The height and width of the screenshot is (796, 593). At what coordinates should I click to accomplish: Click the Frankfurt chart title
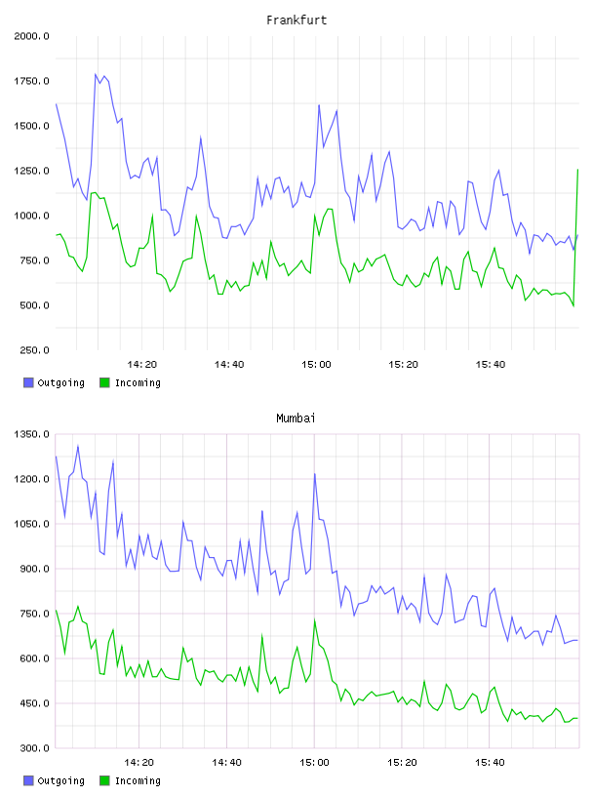pyautogui.click(x=296, y=20)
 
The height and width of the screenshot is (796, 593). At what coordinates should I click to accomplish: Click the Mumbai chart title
pyautogui.click(x=296, y=418)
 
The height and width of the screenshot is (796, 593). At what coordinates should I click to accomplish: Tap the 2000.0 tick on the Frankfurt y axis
pyautogui.click(x=32, y=36)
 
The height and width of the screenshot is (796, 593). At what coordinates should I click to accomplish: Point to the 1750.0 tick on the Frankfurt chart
pyautogui.click(x=32, y=81)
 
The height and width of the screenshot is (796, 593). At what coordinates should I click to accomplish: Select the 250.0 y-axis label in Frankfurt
pyautogui.click(x=34, y=350)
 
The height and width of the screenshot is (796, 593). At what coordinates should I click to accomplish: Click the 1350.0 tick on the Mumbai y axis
pyautogui.click(x=32, y=434)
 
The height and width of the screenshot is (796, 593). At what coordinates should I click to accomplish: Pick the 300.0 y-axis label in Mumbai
pyautogui.click(x=34, y=748)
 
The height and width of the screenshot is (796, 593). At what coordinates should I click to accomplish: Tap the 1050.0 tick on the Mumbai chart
pyautogui.click(x=32, y=524)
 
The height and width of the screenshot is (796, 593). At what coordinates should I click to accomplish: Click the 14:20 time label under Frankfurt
pyautogui.click(x=142, y=365)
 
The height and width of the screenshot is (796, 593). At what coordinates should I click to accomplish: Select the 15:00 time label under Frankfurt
pyautogui.click(x=316, y=365)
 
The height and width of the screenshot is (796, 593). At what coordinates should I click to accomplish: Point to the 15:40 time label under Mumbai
pyautogui.click(x=490, y=763)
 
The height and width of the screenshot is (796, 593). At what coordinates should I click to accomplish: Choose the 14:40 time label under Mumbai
pyautogui.click(x=226, y=763)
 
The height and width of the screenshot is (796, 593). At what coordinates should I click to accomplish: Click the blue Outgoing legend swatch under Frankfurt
pyautogui.click(x=28, y=382)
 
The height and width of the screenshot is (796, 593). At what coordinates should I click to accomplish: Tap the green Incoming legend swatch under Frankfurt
pyautogui.click(x=104, y=382)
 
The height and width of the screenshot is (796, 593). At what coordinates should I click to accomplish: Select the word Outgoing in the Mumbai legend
pyautogui.click(x=60, y=780)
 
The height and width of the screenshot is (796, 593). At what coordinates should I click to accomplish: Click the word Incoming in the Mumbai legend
pyautogui.click(x=138, y=780)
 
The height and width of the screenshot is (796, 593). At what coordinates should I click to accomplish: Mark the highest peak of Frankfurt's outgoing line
pyautogui.click(x=96, y=74)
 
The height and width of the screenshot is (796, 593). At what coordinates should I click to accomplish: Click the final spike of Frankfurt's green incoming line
pyautogui.click(x=577, y=170)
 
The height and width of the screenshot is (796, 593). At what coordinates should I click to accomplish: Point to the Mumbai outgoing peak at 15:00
pyautogui.click(x=315, y=474)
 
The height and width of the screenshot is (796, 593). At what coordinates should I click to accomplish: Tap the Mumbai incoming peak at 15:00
pyautogui.click(x=315, y=620)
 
